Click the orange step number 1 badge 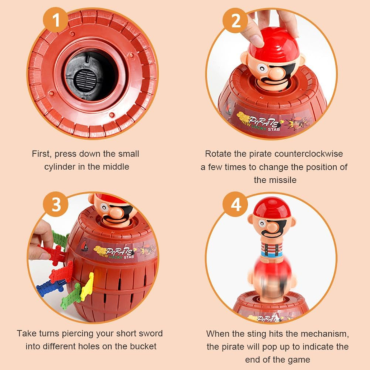(55, 20)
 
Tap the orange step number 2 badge (235, 21)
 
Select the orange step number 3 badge (56, 204)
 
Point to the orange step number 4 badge (235, 204)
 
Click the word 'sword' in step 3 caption (151, 334)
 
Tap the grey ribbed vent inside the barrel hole (86, 79)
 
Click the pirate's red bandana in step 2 (274, 45)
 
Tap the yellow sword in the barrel (87, 286)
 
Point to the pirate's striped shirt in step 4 (272, 250)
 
